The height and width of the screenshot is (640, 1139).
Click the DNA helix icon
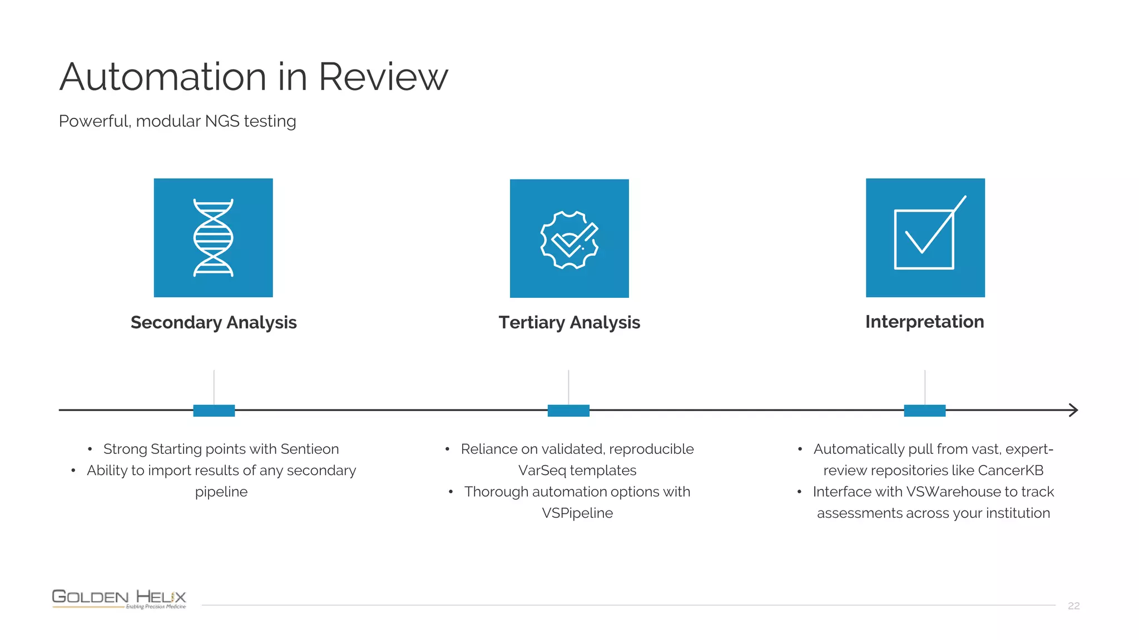213,238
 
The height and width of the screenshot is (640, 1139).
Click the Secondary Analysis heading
214,323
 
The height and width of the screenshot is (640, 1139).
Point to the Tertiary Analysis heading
569,323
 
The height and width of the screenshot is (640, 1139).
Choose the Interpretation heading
924,322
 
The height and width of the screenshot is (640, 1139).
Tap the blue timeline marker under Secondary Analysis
214,411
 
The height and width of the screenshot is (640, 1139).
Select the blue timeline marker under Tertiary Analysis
568,411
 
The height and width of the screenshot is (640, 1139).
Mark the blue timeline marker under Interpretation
924,411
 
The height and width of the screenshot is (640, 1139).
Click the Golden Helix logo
119,598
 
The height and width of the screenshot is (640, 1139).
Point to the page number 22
1073,606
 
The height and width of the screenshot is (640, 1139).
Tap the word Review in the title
383,77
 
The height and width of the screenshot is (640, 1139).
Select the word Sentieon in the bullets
309,449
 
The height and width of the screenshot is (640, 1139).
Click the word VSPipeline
577,513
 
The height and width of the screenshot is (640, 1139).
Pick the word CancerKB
1011,471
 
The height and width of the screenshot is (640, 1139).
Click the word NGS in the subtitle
222,121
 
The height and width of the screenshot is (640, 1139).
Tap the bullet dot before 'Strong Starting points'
90,449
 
